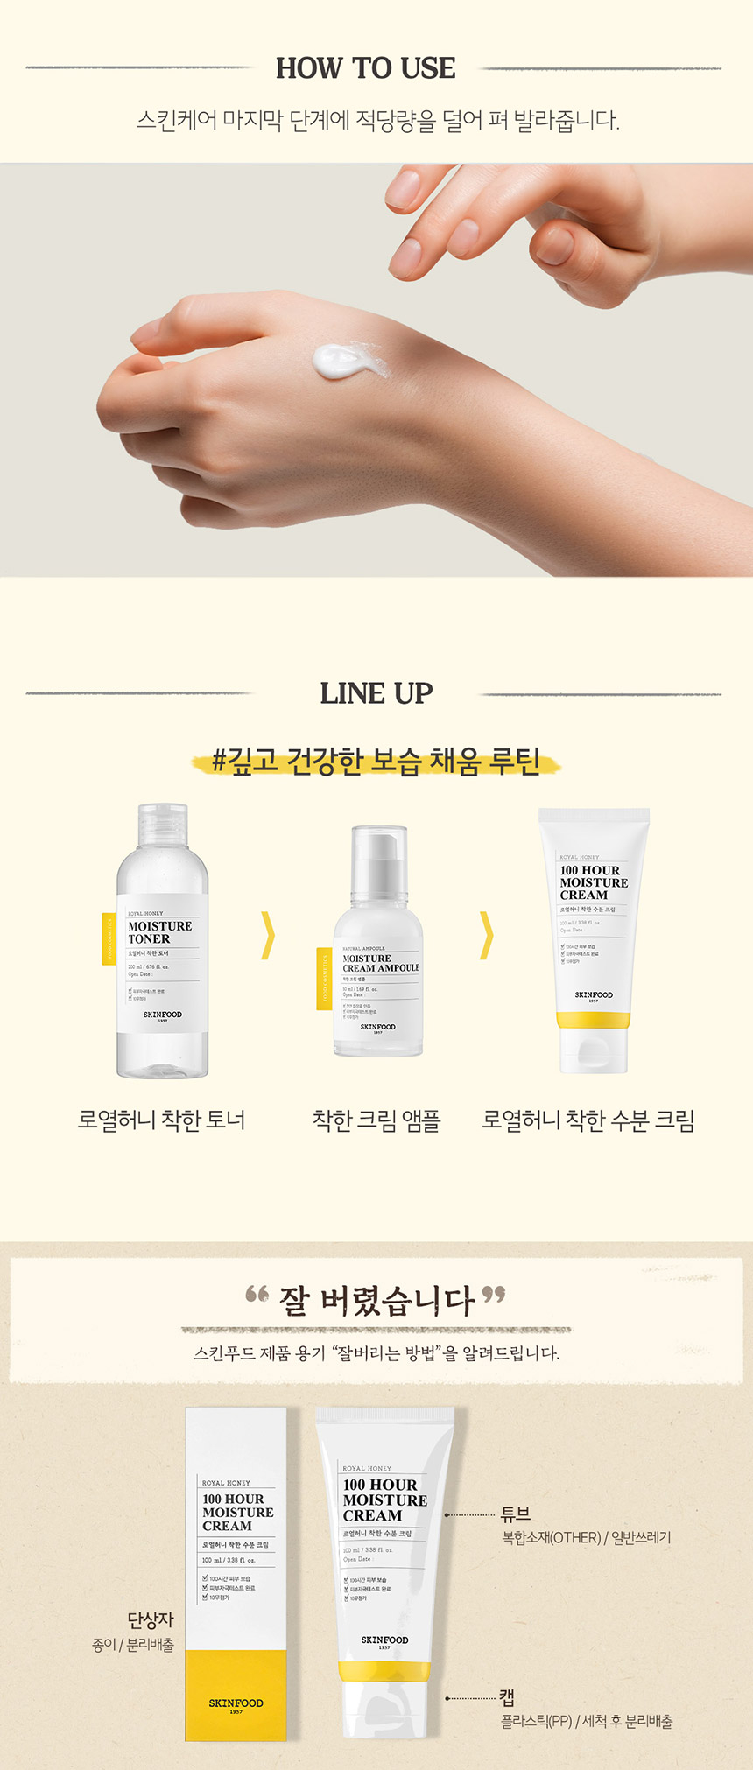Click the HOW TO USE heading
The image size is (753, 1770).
pos(366,68)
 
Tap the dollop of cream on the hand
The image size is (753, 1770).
pos(343,359)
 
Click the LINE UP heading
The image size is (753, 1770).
pos(376,693)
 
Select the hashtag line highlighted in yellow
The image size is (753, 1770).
pos(376,762)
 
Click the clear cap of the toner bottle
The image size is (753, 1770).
pos(162,830)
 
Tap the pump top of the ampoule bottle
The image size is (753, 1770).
pos(378,853)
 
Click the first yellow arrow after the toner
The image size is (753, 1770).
pos(269,935)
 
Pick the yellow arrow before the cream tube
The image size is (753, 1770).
pos(487,935)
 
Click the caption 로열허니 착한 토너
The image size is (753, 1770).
pos(162,1120)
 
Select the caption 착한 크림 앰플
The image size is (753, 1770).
pos(376,1120)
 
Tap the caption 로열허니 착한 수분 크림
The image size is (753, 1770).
pos(588,1120)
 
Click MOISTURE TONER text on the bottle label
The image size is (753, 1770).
pos(160,932)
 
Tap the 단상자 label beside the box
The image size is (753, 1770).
pos(151,1620)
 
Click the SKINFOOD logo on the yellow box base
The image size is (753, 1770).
pos(236,1703)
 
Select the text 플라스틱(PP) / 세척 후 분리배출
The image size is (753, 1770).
pos(587,1722)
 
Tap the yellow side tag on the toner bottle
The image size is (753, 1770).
pos(109,938)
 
